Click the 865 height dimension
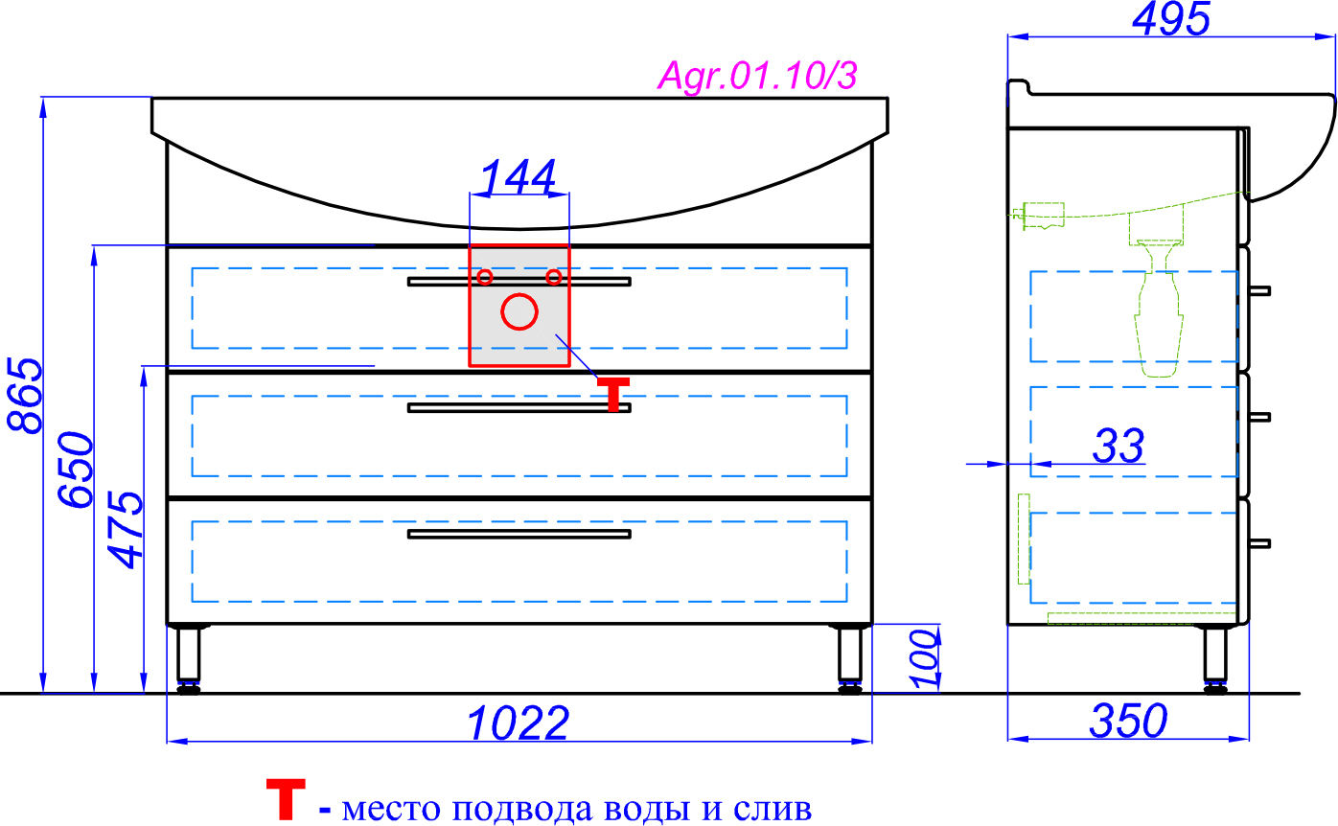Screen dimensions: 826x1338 point(24,395)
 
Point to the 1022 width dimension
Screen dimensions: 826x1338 point(519,723)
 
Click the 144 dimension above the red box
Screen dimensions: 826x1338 point(519,178)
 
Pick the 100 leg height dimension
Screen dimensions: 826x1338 point(923,657)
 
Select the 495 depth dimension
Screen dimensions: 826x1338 point(1170,19)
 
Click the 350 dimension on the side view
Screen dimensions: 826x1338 point(1128,722)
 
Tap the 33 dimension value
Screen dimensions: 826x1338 point(1119,447)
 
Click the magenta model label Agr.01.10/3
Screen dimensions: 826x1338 point(756,76)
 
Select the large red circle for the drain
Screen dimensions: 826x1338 point(519,311)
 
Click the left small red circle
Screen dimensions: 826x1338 point(485,277)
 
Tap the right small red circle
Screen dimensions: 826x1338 point(553,277)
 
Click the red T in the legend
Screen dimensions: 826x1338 point(286,799)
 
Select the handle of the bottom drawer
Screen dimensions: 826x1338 point(519,534)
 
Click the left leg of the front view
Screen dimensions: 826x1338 point(189,657)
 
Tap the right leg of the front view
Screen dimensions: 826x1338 point(849,657)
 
